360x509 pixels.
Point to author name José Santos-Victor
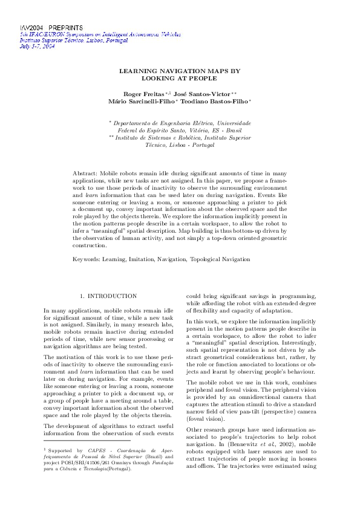point(196,94)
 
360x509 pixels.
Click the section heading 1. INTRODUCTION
point(108,296)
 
